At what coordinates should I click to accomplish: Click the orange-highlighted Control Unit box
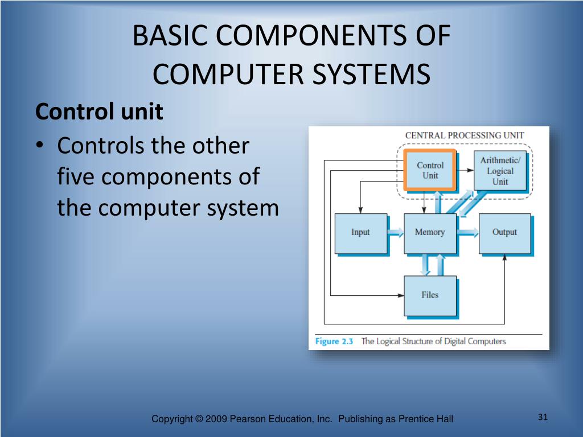point(429,170)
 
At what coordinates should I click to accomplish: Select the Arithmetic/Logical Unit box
point(499,171)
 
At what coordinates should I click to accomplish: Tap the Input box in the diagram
point(360,233)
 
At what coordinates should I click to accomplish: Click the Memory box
point(430,233)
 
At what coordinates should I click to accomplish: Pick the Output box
point(504,233)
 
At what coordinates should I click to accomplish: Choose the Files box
point(430,295)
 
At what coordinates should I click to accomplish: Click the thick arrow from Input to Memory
point(395,232)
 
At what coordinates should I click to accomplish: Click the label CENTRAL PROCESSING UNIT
point(464,135)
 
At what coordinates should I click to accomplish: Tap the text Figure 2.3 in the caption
point(335,341)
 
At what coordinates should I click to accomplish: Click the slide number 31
point(543,418)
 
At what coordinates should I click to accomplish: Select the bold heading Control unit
point(99,112)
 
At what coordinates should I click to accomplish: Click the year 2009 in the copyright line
point(217,419)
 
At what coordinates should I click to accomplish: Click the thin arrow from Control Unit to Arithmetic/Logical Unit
point(466,170)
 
